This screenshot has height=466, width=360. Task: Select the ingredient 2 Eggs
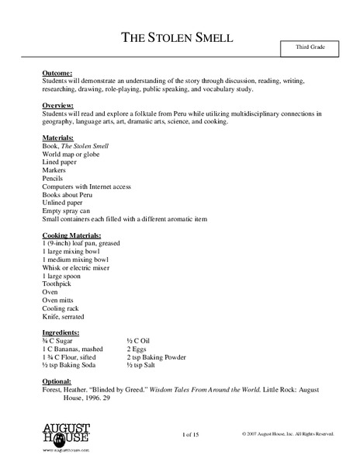[x=137, y=349]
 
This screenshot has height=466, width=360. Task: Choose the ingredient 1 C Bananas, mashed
[x=75, y=349]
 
